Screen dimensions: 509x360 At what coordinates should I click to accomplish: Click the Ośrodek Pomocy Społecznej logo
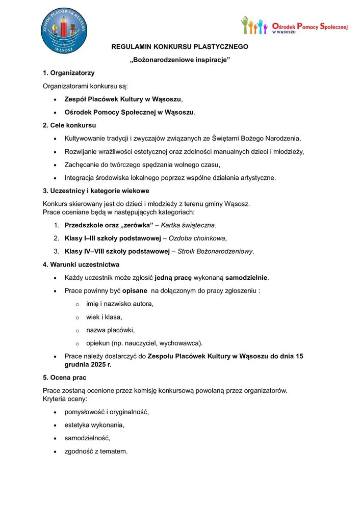point(294,25)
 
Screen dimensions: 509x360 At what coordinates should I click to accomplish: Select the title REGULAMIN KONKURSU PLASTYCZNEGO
point(180,47)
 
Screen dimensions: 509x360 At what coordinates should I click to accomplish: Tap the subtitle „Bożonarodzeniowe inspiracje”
point(180,60)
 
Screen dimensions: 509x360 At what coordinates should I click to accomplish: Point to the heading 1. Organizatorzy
point(68,73)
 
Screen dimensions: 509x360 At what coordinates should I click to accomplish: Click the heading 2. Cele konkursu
point(69,125)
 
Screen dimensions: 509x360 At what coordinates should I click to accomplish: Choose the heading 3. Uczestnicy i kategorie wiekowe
point(96,191)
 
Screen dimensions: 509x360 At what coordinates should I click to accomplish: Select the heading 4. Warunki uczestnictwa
point(81,264)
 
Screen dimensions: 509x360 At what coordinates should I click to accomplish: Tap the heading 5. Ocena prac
point(64,378)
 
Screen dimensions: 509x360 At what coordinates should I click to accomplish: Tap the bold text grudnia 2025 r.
point(88,365)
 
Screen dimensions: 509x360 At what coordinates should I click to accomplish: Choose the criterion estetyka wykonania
point(94,425)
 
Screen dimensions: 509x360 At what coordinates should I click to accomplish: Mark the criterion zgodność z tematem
point(96,451)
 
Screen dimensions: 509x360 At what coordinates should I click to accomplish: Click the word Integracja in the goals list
point(80,178)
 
